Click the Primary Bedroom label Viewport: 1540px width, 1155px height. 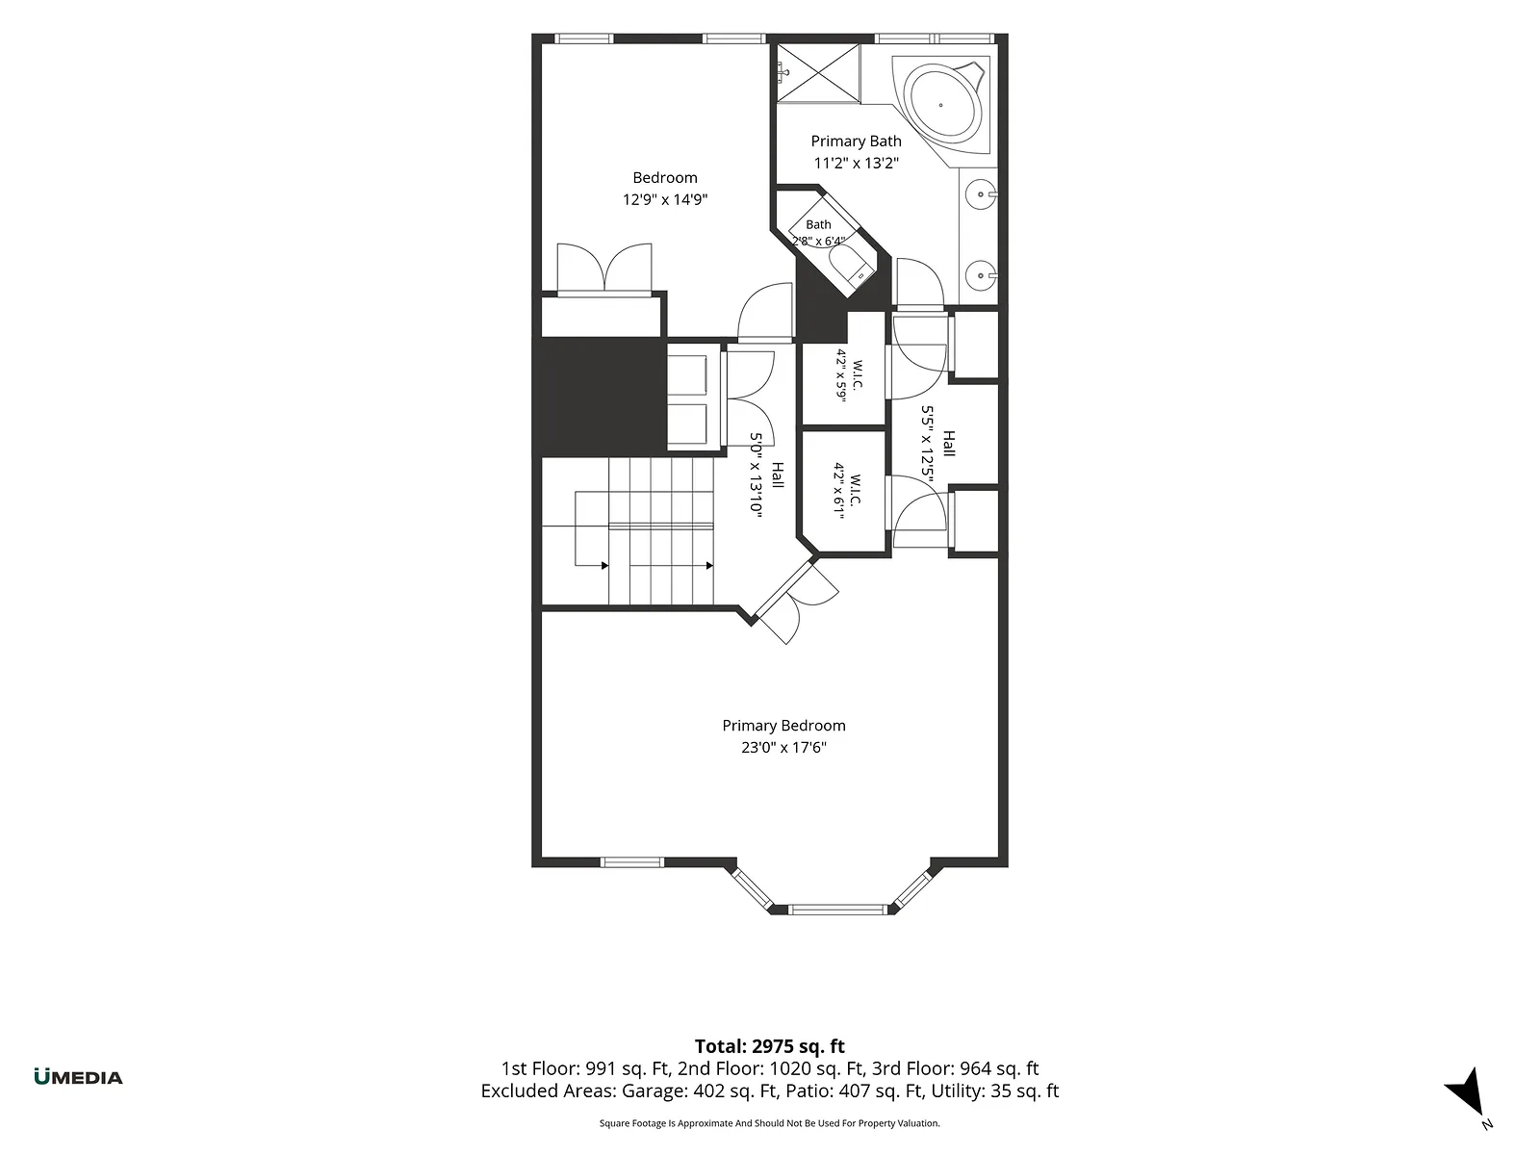[x=783, y=725]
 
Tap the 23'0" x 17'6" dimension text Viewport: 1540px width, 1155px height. [x=783, y=747]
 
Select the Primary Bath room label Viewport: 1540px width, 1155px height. [x=856, y=141]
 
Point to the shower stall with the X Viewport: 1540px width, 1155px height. [x=818, y=73]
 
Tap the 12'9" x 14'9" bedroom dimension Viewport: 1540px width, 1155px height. [x=664, y=199]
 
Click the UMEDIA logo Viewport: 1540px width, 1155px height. [x=79, y=1076]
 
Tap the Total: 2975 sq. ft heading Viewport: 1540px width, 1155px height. [x=770, y=1046]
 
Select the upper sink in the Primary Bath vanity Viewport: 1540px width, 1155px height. [x=980, y=194]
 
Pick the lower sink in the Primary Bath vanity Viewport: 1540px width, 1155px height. [x=980, y=275]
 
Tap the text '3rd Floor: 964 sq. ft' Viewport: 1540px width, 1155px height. [x=955, y=1068]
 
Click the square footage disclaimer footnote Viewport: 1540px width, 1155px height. [x=770, y=1123]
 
